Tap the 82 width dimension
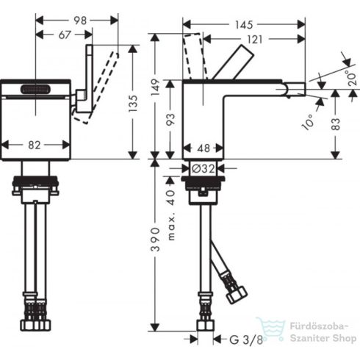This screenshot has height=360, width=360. [34, 145]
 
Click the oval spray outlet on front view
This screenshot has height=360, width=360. [35, 90]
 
